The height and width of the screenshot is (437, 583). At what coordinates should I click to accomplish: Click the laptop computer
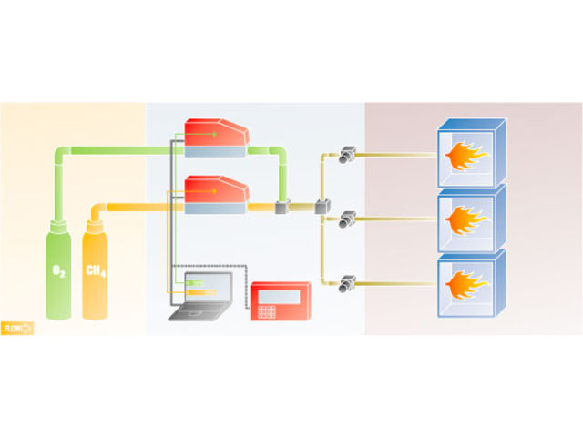click(x=201, y=296)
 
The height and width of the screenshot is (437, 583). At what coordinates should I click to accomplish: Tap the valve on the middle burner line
click(x=347, y=219)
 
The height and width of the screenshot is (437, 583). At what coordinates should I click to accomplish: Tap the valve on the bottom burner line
click(x=347, y=283)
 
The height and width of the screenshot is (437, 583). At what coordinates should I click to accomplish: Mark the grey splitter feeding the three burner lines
click(x=322, y=208)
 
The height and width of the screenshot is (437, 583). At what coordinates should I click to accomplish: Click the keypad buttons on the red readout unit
click(x=267, y=312)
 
